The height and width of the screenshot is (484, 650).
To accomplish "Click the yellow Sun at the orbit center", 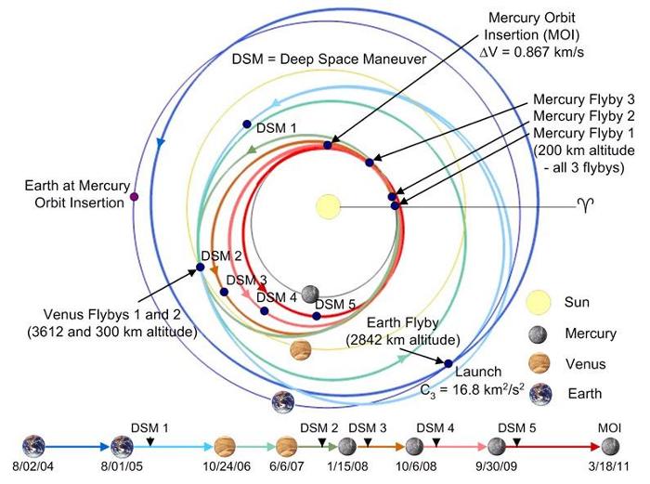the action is coord(328,206).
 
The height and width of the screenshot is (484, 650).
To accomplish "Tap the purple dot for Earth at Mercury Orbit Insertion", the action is coord(134,197).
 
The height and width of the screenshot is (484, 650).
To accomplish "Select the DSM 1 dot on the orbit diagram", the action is coord(247,124).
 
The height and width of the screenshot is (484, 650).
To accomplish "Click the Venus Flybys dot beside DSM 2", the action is coord(200,268).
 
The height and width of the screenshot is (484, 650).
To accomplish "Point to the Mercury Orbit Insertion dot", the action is coord(328,145).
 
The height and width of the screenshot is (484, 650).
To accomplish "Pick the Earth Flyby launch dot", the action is coord(448,363).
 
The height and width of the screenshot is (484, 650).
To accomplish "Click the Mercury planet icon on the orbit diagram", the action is coord(310,294).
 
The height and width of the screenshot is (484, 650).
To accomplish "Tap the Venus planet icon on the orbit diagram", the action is coord(301,350).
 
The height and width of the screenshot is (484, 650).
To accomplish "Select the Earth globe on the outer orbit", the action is coord(283,402).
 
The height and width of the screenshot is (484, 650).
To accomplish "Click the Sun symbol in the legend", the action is coord(539,302).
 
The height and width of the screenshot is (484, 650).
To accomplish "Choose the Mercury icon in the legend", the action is coord(538,334).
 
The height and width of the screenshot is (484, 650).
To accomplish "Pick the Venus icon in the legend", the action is coord(539,364).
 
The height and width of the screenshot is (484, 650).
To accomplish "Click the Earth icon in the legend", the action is coord(541,394).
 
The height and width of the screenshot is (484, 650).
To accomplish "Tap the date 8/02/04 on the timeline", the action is coord(33,466).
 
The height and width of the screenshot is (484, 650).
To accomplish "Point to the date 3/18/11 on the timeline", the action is coord(608,466).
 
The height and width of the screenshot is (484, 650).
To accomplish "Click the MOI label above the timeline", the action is coord(609,427).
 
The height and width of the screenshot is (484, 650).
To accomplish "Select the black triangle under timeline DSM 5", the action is coord(516,443).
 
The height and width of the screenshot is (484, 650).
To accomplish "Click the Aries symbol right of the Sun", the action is coord(585,205).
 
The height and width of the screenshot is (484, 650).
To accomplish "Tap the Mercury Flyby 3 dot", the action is coord(370,163).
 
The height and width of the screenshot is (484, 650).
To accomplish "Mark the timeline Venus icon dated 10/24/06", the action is coord(225,447).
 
